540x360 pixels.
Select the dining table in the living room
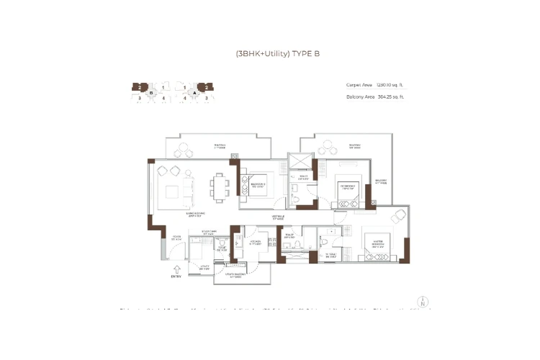pos(220,186)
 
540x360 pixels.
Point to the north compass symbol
pos(423,302)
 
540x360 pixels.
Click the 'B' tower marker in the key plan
pos(150,92)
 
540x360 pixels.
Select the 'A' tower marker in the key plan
pos(192,92)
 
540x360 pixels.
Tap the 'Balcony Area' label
pos(359,96)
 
